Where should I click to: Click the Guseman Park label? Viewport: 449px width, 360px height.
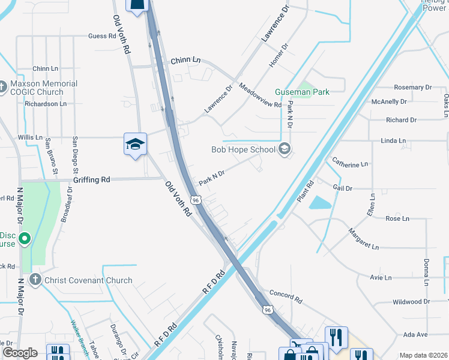click(x=303, y=92)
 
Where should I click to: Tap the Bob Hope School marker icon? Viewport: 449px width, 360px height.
click(x=285, y=149)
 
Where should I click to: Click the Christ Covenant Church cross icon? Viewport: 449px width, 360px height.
click(x=35, y=280)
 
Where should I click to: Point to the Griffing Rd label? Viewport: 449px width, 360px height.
click(x=92, y=179)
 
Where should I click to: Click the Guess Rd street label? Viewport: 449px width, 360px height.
click(x=101, y=36)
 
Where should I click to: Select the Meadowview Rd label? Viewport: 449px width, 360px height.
click(x=260, y=95)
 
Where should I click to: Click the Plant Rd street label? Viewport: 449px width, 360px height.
click(x=306, y=192)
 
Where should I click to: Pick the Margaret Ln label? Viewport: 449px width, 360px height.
click(x=364, y=239)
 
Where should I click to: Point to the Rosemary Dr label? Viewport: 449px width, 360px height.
click(x=409, y=88)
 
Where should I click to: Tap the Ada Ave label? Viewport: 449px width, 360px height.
click(x=415, y=334)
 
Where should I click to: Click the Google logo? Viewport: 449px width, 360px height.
click(x=20, y=353)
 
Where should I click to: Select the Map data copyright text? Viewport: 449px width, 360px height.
click(x=423, y=355)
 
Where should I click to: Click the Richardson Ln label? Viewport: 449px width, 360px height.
click(x=46, y=104)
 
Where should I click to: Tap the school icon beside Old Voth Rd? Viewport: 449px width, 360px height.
click(x=136, y=145)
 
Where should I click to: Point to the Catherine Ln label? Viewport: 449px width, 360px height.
click(x=350, y=163)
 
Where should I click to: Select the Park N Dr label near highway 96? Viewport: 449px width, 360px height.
click(x=211, y=177)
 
